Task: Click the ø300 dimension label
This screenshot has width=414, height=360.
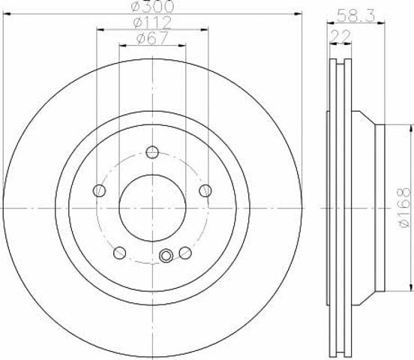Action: [x=153, y=6]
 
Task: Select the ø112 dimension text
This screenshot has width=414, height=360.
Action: [x=152, y=23]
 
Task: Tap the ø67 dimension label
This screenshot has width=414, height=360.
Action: [x=152, y=38]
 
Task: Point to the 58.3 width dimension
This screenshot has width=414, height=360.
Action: [x=356, y=16]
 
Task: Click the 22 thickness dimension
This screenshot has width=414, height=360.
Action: [x=340, y=37]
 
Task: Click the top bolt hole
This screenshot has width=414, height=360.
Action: [x=152, y=152]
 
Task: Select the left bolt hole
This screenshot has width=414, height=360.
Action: [x=100, y=190]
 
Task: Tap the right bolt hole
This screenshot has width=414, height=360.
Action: [x=205, y=190]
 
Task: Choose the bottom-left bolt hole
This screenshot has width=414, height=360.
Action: [x=119, y=253]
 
